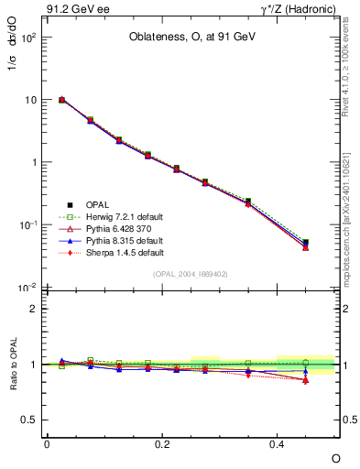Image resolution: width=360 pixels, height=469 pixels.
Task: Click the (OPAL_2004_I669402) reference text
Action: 190,273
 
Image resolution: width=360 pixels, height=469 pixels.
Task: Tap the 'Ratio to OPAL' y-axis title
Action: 14,365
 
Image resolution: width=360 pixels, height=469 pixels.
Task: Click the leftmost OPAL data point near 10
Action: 61,100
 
